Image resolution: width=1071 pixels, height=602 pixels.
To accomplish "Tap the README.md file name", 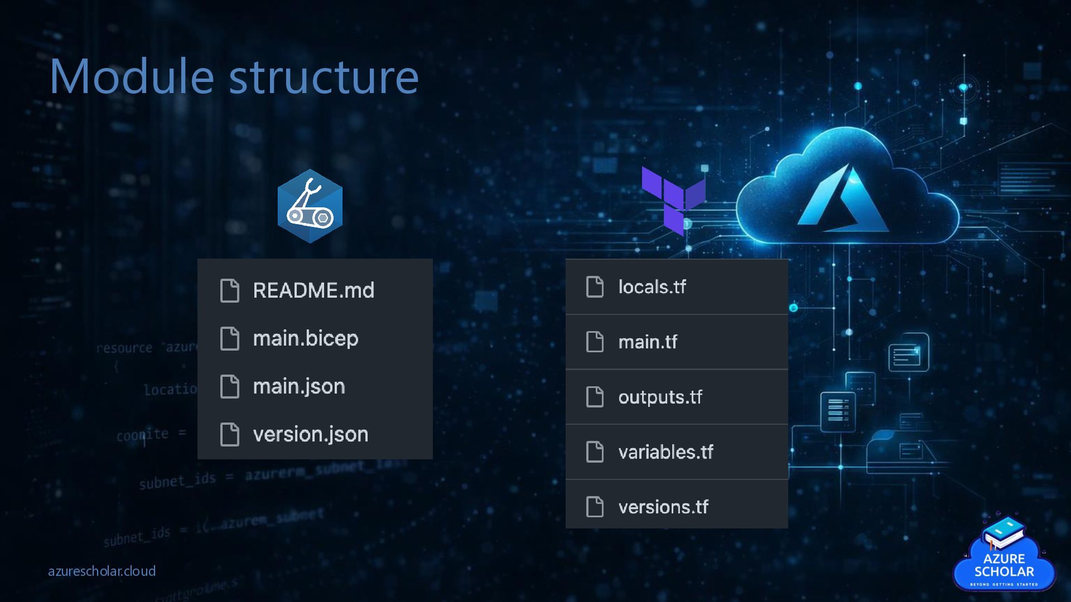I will pos(313,290).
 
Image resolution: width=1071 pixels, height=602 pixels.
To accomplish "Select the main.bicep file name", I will pos(306,338).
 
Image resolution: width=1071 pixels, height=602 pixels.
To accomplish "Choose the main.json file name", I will pos(299,386).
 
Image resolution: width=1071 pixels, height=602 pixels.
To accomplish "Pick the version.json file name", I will pos(311,434).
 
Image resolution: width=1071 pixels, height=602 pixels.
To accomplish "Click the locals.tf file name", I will pos(652,287).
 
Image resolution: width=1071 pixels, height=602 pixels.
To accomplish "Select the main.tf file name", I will pos(648,342).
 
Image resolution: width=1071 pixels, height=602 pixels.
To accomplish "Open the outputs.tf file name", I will pos(660,397).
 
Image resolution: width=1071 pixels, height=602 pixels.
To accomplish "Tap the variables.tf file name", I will pos(665,452).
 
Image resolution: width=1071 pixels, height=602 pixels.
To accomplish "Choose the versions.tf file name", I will pos(663,507).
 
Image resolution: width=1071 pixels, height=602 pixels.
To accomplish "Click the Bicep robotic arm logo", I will pos(310,206).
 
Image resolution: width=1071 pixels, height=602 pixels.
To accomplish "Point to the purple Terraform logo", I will pos(673,200).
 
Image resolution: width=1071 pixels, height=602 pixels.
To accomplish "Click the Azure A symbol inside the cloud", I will pos(842,200).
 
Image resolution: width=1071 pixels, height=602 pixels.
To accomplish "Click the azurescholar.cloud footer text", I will pos(102,571).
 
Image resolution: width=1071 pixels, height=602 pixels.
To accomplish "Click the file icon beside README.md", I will pos(230,290).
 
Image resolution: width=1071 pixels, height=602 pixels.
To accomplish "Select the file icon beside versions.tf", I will pos(595,507).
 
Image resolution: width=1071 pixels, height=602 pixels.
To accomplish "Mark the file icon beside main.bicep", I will pos(230,338).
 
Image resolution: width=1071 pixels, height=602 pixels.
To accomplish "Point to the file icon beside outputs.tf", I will pos(595,397).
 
